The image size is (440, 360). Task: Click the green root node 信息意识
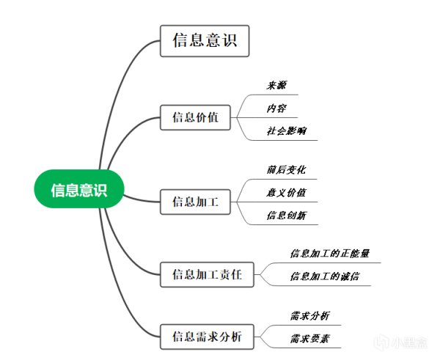coord(79,190)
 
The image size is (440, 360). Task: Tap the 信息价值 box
coord(195,117)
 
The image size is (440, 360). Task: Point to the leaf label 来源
coord(276,85)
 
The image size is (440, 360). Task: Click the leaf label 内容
coord(276,109)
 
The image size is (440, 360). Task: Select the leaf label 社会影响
coord(287,131)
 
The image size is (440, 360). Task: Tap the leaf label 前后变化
coord(286,169)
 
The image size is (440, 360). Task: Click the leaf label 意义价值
coord(286,192)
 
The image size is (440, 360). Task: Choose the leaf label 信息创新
coord(286,216)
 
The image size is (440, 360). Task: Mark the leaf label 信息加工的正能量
coord(330,254)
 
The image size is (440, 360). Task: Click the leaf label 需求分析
coord(309,315)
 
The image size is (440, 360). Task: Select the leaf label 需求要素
coord(309,339)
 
